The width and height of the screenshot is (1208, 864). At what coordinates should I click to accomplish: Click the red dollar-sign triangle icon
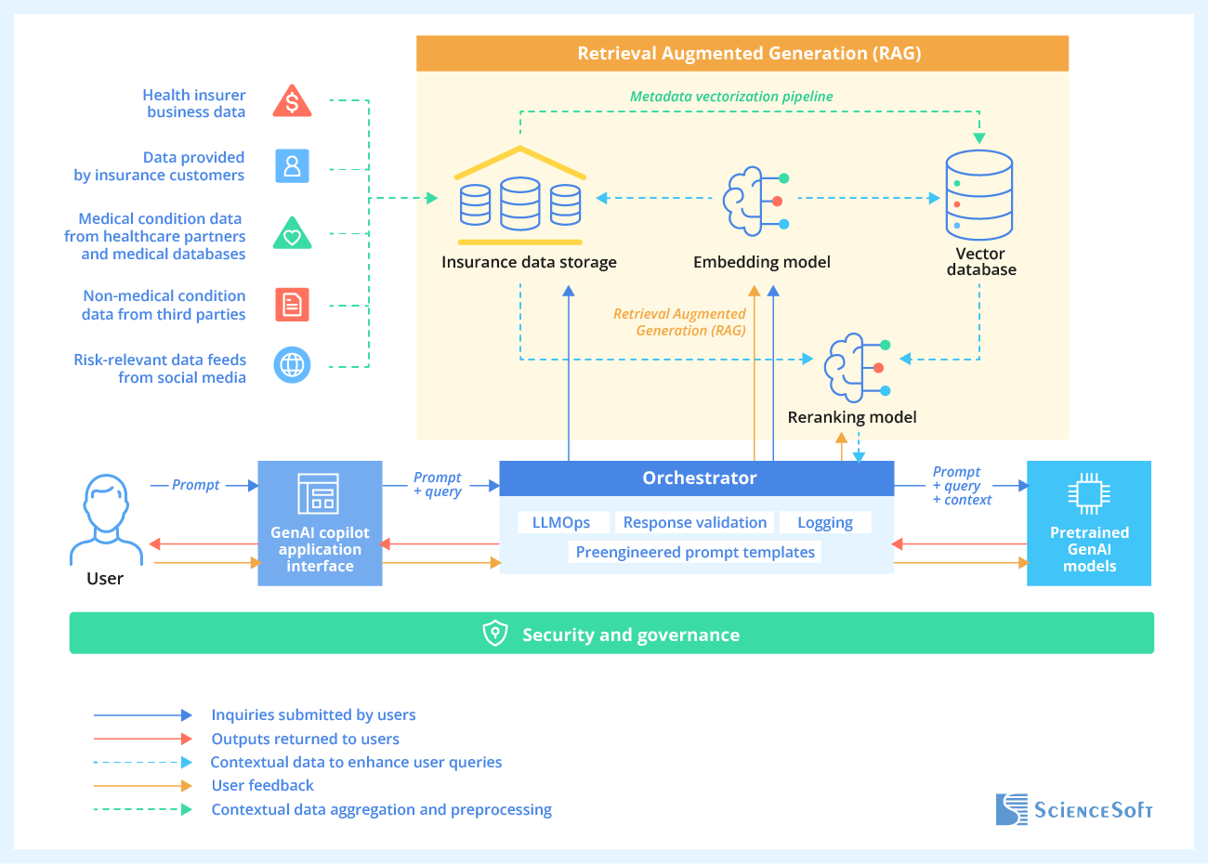pos(292,101)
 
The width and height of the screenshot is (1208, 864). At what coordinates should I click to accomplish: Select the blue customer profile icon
pos(292,166)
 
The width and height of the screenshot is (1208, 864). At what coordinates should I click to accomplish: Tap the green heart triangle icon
pos(292,233)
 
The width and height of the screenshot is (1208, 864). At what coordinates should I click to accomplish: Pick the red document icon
pos(292,305)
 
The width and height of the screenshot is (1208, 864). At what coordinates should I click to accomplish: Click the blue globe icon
pos(292,365)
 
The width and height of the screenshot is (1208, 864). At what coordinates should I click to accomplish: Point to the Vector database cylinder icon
pos(978,195)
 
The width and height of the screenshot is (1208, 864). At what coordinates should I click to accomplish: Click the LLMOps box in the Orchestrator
pos(561,523)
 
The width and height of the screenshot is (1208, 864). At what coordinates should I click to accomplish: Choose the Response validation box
pos(694,523)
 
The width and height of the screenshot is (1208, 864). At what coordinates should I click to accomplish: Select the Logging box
pos(824,523)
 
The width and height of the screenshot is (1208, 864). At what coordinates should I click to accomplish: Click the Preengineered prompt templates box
pos(695,553)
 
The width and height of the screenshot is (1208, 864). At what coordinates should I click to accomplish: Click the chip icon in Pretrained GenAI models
pos(1088,493)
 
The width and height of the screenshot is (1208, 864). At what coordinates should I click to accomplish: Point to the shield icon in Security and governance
pos(495,634)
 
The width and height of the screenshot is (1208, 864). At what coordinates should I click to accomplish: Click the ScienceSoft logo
pos(1073,809)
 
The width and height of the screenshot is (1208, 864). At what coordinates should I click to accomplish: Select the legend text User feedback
pos(262,786)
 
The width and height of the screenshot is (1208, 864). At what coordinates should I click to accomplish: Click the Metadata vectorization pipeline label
pos(731,97)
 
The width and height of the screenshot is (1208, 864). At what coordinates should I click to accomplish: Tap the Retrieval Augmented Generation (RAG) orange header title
pos(749,54)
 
